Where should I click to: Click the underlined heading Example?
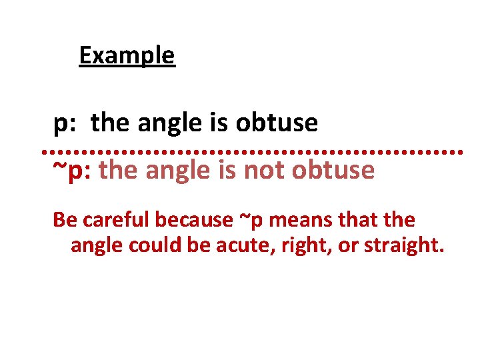127,55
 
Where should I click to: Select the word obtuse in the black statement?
277,123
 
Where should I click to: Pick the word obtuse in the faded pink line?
333,171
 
